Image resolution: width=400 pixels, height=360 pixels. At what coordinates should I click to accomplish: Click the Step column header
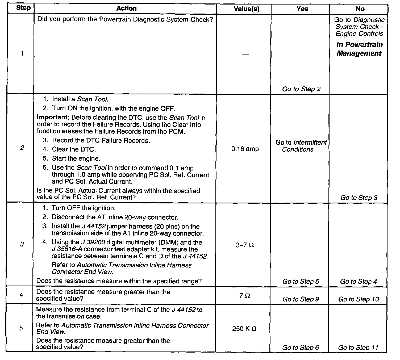point(23,8)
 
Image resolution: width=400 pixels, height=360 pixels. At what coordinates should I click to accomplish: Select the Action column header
point(126,9)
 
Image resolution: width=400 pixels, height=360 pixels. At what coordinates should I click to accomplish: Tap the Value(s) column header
point(247,9)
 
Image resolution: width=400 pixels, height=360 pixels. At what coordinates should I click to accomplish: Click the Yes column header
point(302,9)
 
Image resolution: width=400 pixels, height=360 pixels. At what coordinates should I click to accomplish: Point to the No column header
point(360,9)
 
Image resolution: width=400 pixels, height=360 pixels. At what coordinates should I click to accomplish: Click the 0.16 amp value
point(245,149)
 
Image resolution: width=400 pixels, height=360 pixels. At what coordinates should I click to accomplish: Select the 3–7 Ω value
point(245,245)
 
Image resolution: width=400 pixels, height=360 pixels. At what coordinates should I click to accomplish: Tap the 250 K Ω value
point(244,329)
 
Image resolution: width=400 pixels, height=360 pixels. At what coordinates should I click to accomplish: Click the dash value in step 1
point(245,55)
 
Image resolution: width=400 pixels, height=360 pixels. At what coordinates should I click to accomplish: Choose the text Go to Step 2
point(301,89)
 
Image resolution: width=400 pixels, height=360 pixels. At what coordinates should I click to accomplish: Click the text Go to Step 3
point(359,198)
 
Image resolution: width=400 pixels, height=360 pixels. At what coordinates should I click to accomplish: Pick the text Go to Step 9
point(301,299)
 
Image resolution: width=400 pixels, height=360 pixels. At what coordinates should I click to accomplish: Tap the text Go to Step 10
point(359,299)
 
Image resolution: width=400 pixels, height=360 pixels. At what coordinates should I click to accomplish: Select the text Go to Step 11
point(358,348)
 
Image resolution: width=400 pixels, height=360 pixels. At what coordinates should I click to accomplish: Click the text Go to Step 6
point(301,348)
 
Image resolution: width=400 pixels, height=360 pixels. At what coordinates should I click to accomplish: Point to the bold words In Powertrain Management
point(359,49)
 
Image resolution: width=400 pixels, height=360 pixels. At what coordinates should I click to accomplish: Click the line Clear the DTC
point(74,149)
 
